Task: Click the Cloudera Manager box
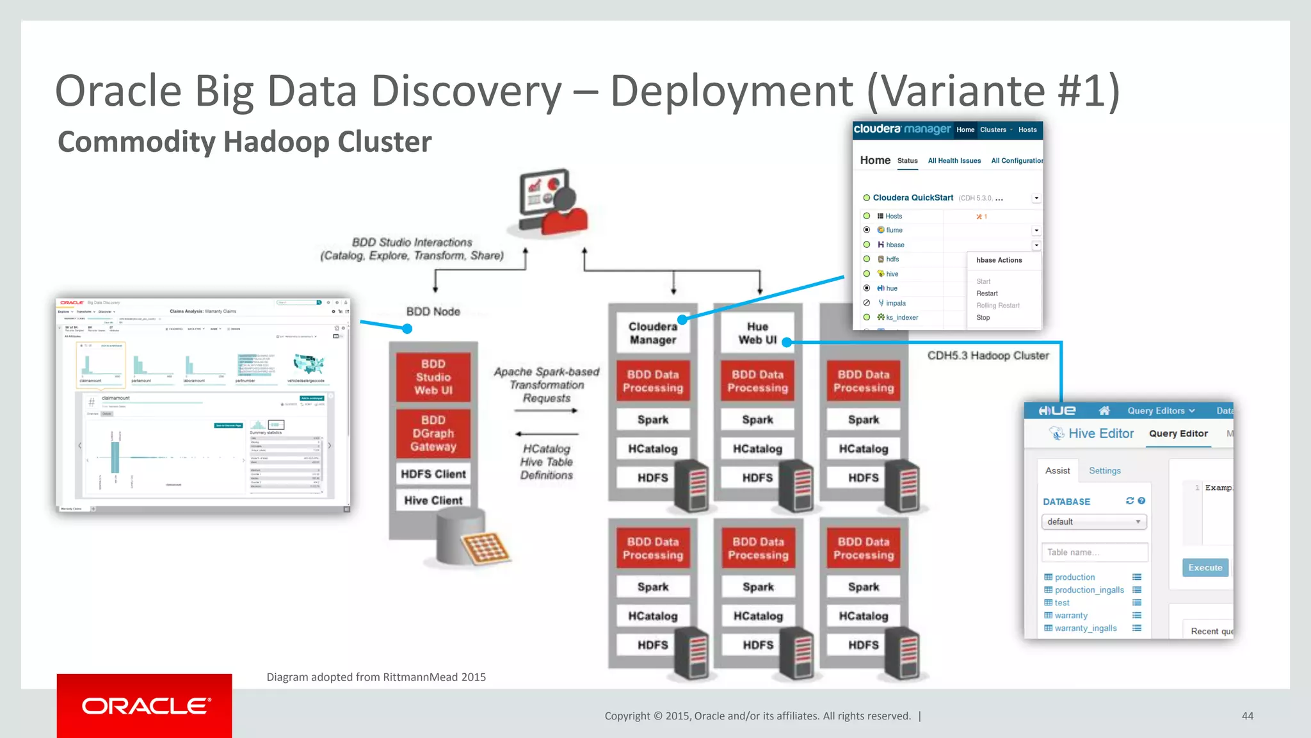tap(652, 333)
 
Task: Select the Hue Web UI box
tap(757, 333)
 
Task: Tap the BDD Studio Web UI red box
tap(433, 377)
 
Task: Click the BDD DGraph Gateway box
tap(433, 434)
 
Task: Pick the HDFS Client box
tap(433, 474)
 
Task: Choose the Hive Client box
tap(433, 500)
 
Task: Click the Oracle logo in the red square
tap(145, 706)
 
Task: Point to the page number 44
tap(1247, 716)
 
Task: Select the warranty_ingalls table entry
tap(1086, 628)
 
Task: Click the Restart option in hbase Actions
tap(987, 293)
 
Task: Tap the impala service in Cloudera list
tap(896, 303)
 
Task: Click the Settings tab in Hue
tap(1105, 471)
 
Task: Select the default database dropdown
tap(1093, 522)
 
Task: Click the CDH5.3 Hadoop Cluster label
tap(988, 356)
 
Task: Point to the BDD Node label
tap(433, 312)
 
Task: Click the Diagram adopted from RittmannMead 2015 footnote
tap(376, 677)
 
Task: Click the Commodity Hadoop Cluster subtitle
tap(245, 142)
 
